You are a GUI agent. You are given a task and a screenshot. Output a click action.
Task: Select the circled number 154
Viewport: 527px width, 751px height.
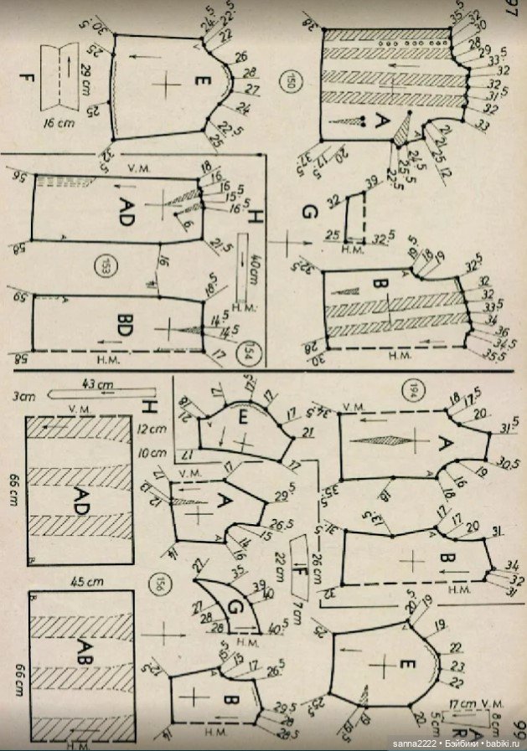coord(248,347)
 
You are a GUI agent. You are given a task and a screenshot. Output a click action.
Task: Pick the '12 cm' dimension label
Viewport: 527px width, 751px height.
coord(151,429)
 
